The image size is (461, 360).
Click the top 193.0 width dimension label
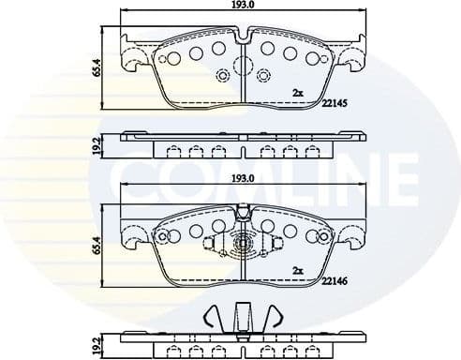244,7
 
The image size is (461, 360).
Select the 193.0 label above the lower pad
244,177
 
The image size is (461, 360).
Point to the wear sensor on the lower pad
243,246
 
